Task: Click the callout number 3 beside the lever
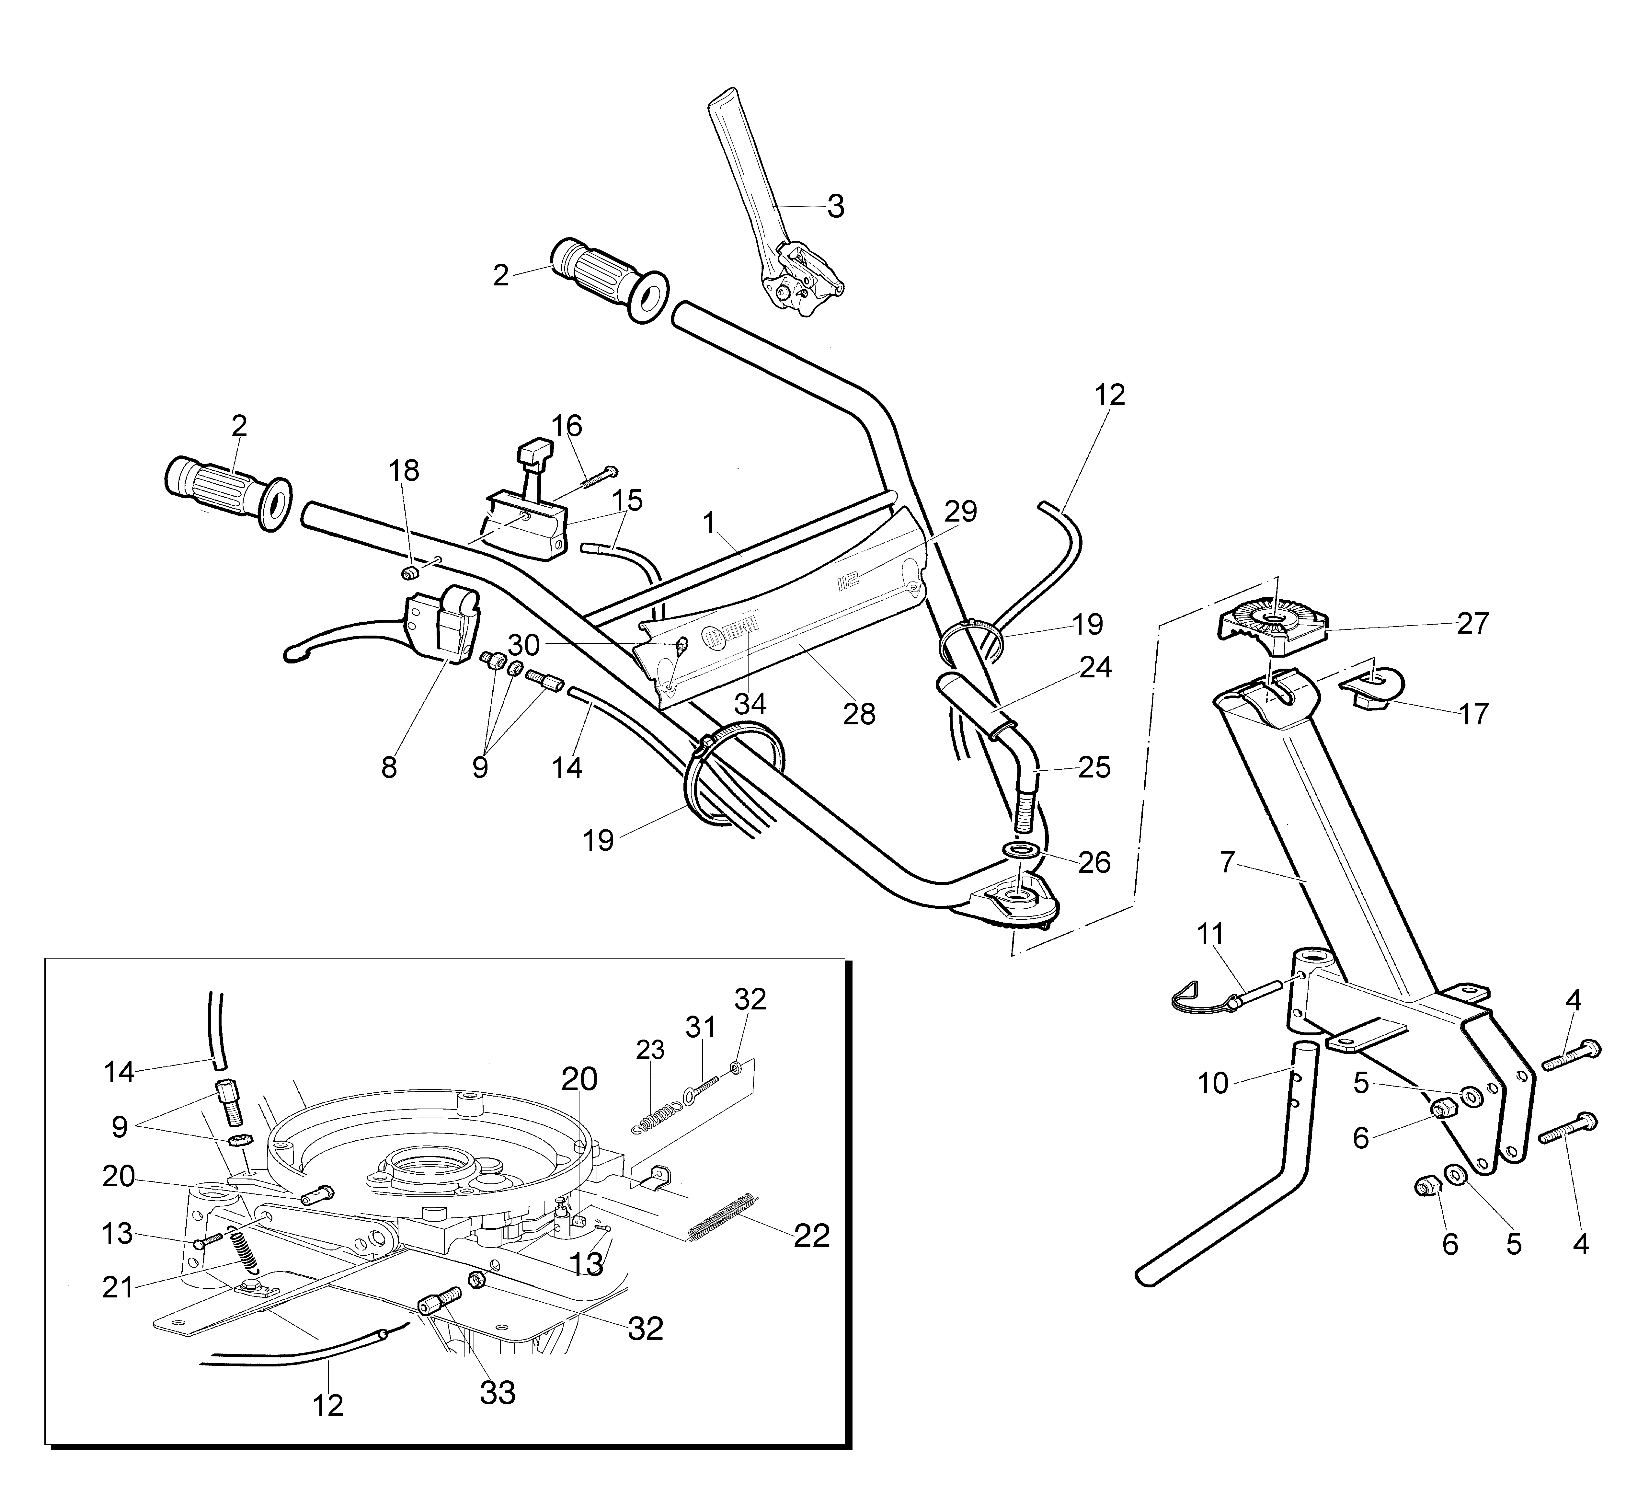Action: pos(836,207)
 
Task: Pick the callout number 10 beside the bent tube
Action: pos(1212,1083)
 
